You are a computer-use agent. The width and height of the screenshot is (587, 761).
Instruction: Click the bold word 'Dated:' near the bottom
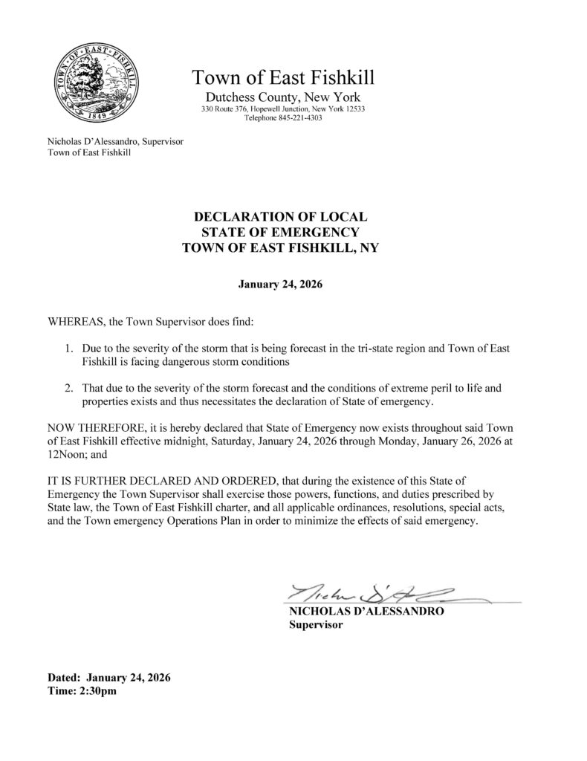[64, 679]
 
